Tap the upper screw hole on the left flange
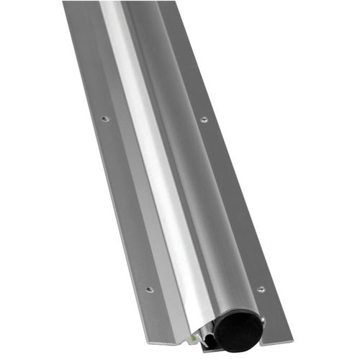click(x=105, y=117)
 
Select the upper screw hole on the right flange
click(x=204, y=119)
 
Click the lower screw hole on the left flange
click(x=149, y=289)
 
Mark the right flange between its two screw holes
click(x=232, y=205)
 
